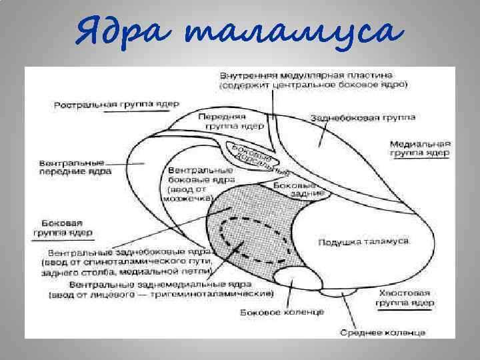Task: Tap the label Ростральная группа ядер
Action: (x=116, y=105)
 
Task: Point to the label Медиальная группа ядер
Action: (x=420, y=148)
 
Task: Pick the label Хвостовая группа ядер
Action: (x=406, y=297)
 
